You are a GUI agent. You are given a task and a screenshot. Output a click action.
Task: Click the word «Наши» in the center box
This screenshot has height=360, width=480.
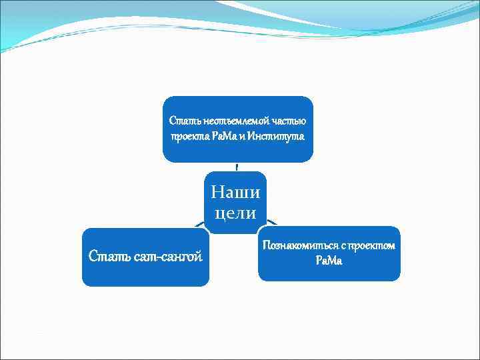point(236,193)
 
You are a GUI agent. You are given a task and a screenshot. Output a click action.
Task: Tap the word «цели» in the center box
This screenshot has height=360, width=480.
point(236,213)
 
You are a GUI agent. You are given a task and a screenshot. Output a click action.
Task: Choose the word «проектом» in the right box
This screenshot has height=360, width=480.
point(369,245)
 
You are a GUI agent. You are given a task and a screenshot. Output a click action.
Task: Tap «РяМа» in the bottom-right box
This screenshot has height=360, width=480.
point(329,261)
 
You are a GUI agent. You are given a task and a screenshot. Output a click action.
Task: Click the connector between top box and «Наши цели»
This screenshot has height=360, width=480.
point(237,167)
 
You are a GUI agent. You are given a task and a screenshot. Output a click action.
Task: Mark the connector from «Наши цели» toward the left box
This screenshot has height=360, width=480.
point(201,225)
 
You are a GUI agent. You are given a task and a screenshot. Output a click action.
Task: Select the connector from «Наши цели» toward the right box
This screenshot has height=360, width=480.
point(272,223)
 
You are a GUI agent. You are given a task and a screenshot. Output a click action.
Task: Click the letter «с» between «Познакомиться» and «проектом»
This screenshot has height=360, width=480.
point(338,245)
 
